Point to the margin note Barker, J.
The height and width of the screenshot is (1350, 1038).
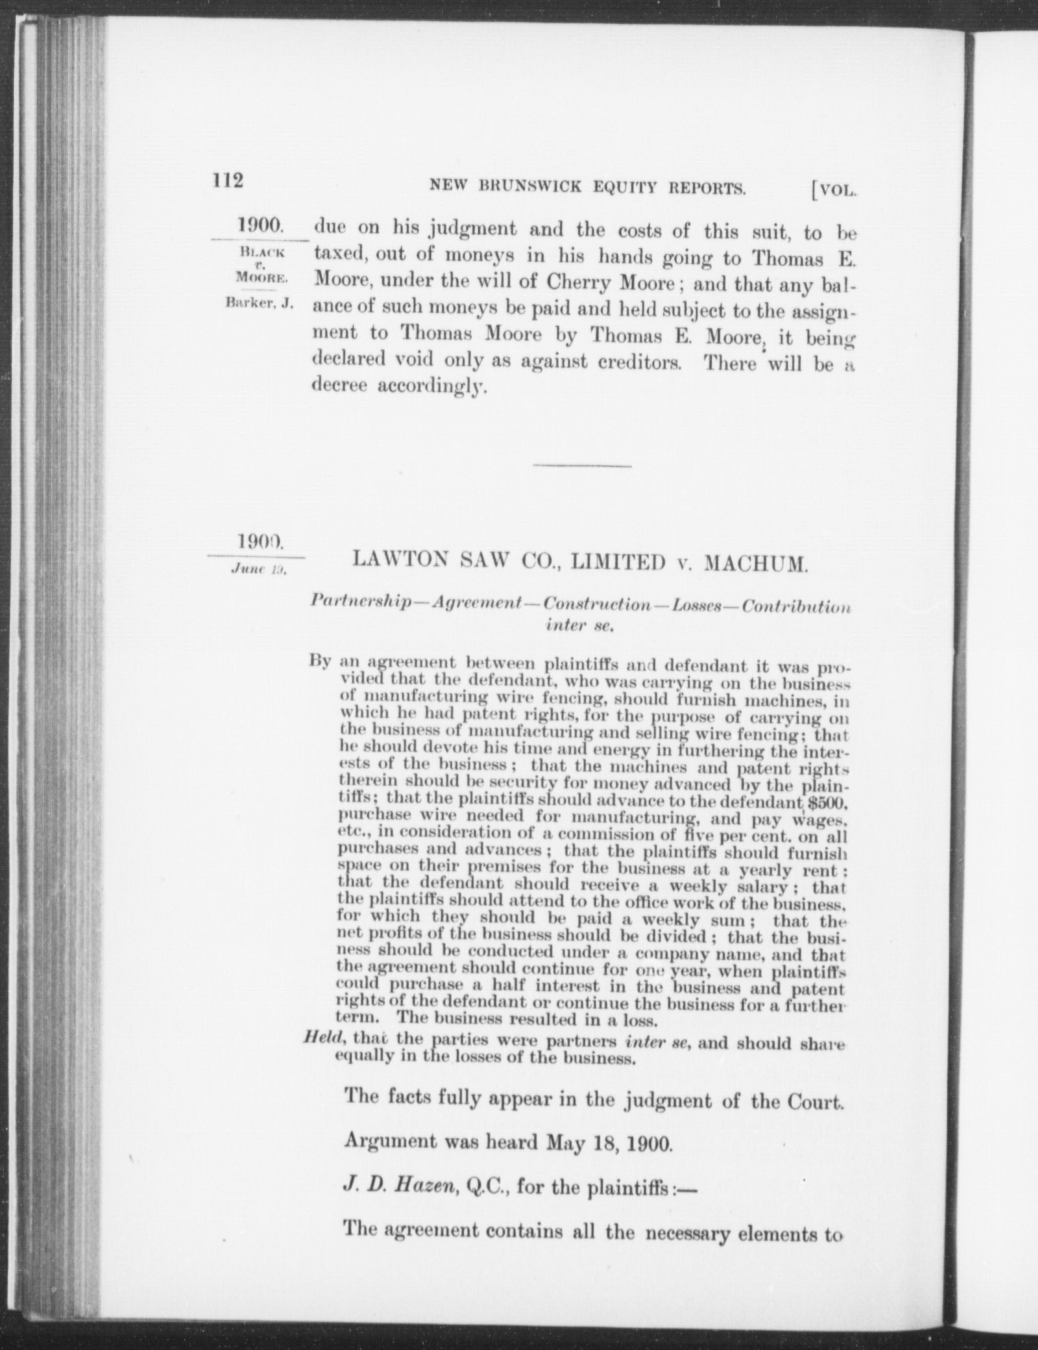pos(259,303)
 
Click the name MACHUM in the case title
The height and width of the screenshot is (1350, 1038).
pos(757,564)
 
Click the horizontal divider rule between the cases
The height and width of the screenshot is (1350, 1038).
pos(582,465)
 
